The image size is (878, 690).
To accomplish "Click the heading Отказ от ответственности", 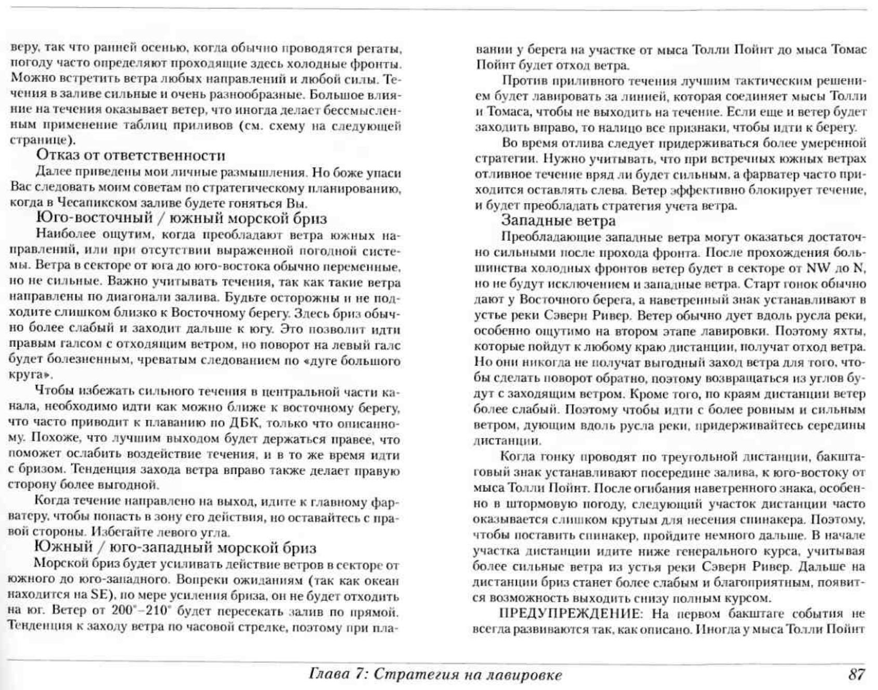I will point(131,155).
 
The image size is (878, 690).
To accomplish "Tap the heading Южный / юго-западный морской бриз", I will point(175,548).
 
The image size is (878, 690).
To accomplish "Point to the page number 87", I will point(856,674).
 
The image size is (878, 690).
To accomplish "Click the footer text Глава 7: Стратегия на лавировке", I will point(435,675).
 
